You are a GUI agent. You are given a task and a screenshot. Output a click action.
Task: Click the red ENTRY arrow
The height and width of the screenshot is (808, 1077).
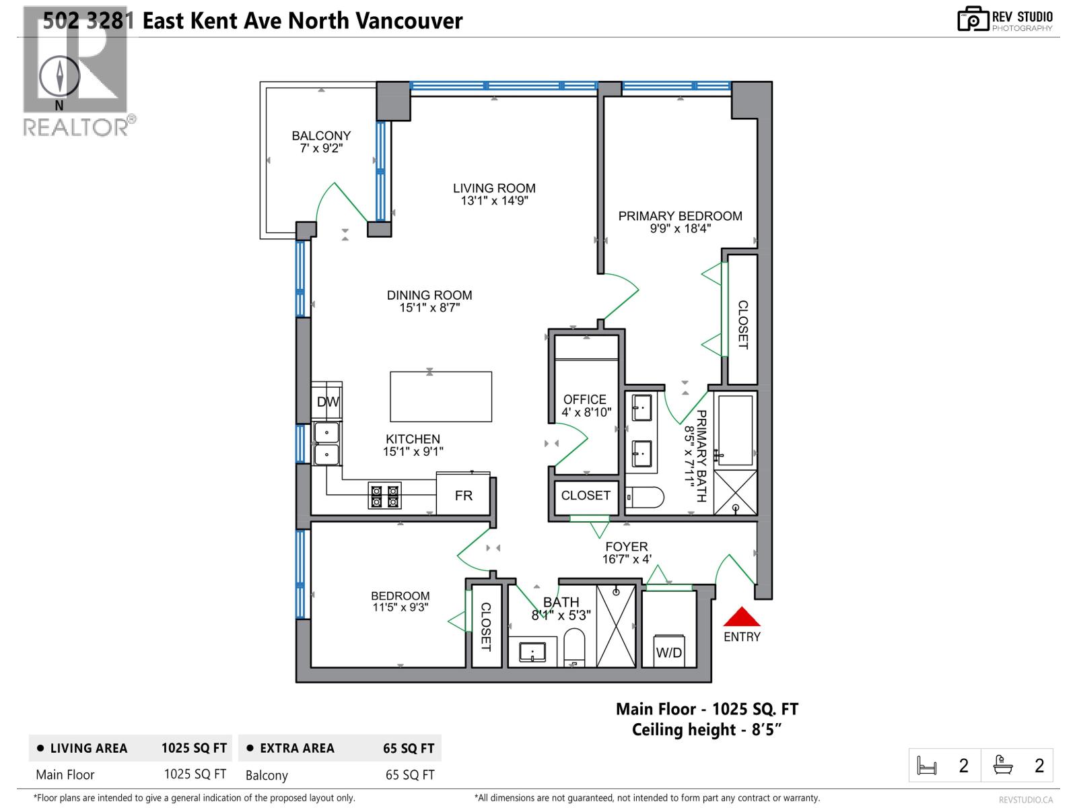tap(742, 617)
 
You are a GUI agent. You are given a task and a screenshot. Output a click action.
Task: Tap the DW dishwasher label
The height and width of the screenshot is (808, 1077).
tap(328, 402)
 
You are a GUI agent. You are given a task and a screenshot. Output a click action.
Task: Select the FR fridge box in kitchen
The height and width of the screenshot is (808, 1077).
tap(463, 495)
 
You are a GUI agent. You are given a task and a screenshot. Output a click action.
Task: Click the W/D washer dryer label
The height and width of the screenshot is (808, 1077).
tap(668, 652)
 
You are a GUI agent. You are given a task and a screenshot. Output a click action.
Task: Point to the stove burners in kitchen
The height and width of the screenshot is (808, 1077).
tap(384, 496)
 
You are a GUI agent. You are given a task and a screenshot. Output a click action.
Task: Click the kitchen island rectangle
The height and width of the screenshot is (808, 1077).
tap(441, 397)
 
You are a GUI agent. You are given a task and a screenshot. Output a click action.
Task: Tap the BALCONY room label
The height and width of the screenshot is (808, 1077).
tap(321, 135)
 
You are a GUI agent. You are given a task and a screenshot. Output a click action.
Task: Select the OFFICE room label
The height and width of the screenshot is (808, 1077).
tap(584, 399)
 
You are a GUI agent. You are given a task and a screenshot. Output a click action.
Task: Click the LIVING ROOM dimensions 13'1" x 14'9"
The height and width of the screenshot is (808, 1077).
tap(494, 201)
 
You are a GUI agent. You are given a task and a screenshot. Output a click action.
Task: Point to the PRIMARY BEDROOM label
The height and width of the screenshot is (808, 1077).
tap(680, 216)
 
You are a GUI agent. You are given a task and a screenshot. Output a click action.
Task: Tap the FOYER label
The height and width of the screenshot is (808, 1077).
tap(626, 547)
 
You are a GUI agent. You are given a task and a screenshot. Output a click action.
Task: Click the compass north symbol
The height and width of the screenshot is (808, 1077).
tap(60, 75)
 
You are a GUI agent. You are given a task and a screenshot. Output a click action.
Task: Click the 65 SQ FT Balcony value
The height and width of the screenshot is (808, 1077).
tap(410, 775)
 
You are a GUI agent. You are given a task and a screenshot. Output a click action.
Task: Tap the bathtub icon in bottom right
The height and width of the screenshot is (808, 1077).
tap(1003, 766)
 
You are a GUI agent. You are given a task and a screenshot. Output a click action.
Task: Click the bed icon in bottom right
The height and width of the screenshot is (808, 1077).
tap(927, 766)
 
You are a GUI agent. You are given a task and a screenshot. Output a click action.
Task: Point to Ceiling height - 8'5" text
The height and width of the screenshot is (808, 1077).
tap(707, 730)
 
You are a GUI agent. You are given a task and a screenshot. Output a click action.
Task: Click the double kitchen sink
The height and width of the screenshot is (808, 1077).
tap(326, 443)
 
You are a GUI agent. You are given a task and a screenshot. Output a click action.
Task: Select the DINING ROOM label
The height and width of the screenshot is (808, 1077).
tap(429, 295)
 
